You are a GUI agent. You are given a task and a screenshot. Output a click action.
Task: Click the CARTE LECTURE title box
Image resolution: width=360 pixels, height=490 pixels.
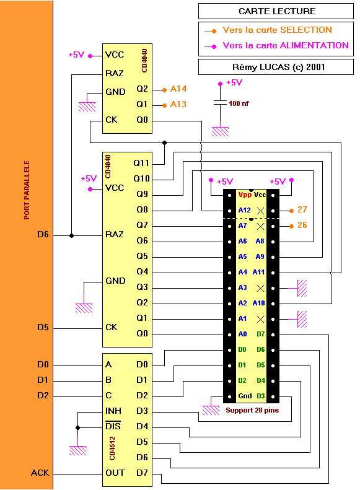pos(276,11)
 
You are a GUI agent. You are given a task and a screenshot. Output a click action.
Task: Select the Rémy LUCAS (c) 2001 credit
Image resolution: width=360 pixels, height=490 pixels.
pos(279,67)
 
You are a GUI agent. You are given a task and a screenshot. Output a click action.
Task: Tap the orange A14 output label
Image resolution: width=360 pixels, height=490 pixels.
pos(178,89)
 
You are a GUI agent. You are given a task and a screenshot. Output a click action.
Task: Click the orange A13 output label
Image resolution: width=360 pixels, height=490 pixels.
pos(178,104)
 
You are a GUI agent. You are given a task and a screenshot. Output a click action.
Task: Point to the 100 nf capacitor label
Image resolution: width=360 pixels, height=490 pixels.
pos(239,103)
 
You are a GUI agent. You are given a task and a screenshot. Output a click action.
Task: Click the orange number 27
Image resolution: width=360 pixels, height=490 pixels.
pos(302,209)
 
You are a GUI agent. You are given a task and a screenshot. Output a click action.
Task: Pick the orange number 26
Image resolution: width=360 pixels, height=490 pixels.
pos(302,225)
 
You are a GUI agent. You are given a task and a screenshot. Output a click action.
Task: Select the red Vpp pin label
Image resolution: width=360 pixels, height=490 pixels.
pos(245,195)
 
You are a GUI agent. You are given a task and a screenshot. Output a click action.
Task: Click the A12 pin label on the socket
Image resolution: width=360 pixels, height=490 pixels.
pos(244,210)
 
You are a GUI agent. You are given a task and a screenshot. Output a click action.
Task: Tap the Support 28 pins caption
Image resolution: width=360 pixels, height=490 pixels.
pos(252,410)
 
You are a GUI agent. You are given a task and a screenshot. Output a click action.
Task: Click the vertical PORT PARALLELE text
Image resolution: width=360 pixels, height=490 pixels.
pos(27,190)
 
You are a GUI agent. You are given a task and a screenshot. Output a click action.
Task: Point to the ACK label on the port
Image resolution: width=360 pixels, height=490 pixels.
pos(40,473)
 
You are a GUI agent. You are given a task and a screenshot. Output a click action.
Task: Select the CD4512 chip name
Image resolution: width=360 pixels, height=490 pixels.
pos(112,448)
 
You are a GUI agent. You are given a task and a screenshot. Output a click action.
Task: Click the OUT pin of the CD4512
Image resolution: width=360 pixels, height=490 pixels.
pos(115,473)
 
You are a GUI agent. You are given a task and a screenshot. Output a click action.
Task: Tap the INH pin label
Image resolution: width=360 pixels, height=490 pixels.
pos(113,411)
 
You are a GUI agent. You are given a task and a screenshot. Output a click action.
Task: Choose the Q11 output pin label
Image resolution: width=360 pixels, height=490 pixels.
pos(141,163)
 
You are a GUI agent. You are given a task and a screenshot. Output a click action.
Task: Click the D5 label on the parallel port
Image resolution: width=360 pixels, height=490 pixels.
pos(43,327)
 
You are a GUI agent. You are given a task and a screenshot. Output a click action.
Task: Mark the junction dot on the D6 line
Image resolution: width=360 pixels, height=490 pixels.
pos(71,235)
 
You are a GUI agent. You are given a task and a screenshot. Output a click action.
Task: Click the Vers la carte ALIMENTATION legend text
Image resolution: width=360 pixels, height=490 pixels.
pos(286,46)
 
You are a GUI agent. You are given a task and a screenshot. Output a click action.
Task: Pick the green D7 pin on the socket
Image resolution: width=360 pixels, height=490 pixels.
pos(261,334)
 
